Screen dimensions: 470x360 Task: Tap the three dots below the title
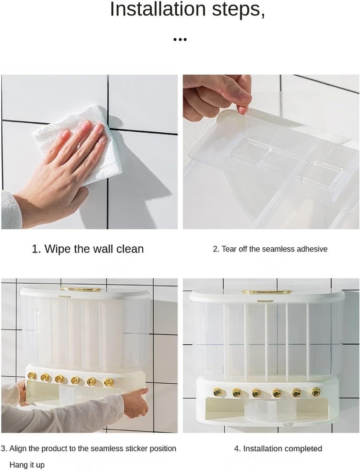click(x=180, y=40)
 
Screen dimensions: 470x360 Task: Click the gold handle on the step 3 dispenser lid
click(x=81, y=289)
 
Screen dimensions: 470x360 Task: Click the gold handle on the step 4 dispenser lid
click(x=266, y=291)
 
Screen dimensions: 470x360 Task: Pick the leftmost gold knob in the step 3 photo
click(x=32, y=376)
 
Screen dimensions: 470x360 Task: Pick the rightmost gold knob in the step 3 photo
click(x=109, y=382)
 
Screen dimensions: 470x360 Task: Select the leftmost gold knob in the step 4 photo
click(x=217, y=392)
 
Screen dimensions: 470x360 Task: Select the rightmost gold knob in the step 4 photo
click(x=316, y=392)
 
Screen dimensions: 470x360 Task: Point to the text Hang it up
click(x=27, y=465)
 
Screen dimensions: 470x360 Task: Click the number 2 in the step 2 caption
click(x=215, y=249)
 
